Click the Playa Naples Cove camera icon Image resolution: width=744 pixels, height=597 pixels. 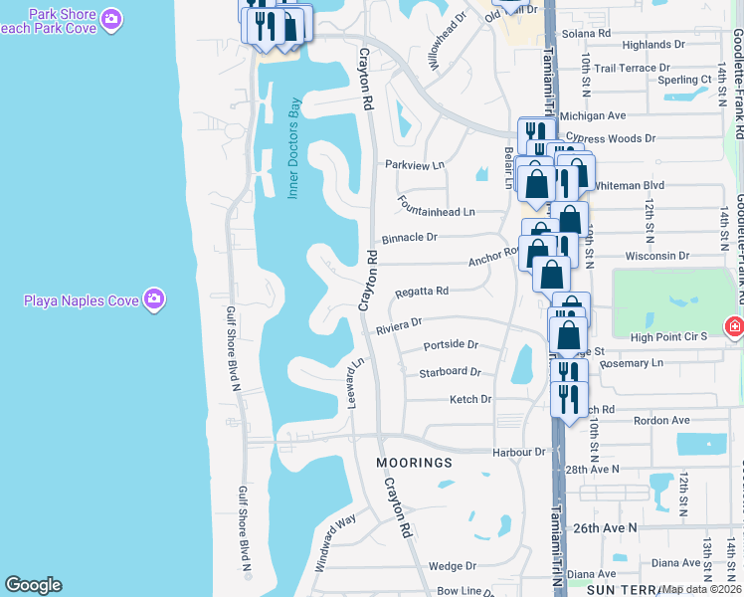click(x=153, y=298)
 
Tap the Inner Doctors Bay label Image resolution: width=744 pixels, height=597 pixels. click(x=294, y=149)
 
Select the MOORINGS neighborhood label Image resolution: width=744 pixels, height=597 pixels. click(x=414, y=463)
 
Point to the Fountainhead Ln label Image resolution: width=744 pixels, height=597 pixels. click(x=436, y=212)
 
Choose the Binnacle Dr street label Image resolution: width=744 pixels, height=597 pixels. click(x=411, y=238)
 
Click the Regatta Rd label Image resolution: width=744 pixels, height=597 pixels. click(x=422, y=291)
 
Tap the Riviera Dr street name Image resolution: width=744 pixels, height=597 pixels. click(x=400, y=323)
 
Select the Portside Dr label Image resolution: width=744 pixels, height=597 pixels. click(x=451, y=345)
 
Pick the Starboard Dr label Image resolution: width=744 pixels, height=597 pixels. click(x=450, y=372)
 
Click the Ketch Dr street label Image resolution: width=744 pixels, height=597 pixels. click(x=470, y=399)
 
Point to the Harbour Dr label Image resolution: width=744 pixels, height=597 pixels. click(x=520, y=451)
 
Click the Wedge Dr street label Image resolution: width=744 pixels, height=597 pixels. click(x=452, y=565)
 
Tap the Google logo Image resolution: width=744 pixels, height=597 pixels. click(x=33, y=585)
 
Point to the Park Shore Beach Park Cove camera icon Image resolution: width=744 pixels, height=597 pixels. click(x=112, y=19)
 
